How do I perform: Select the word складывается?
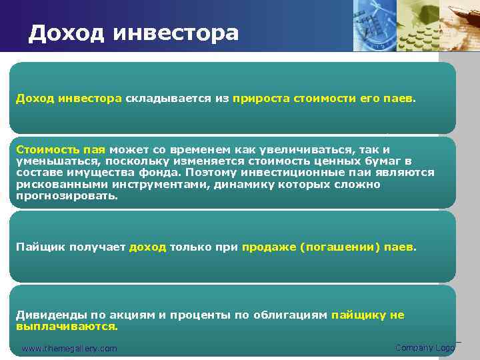pyautogui.click(x=169, y=99)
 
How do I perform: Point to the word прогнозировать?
pyautogui.click(x=67, y=197)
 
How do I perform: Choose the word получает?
pyautogui.click(x=91, y=247)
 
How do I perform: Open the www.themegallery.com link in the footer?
pyautogui.click(x=69, y=349)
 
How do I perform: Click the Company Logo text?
pyautogui.click(x=425, y=347)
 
